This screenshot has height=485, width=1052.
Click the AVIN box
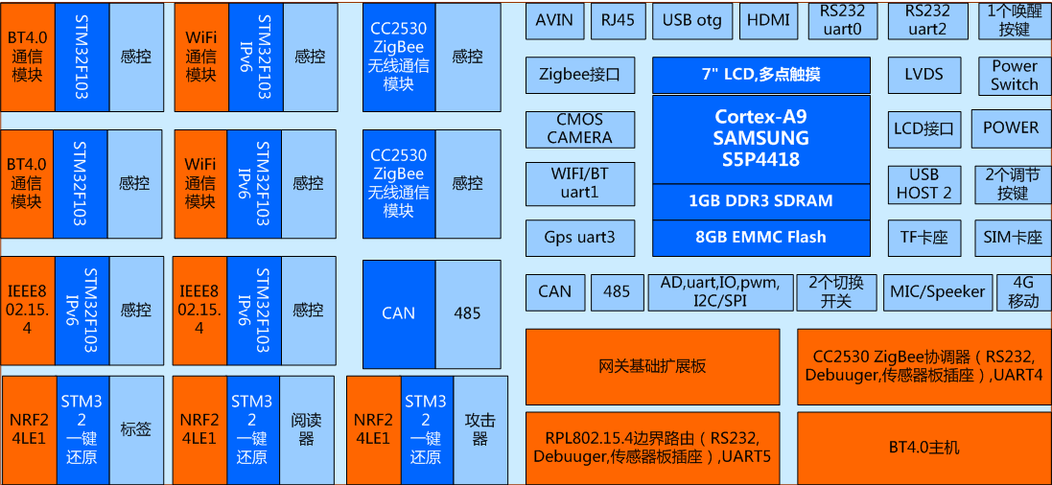coord(554,20)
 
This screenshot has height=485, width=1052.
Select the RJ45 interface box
coord(618,20)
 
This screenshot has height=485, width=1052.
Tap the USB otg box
coord(691,20)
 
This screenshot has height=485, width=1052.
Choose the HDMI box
coord(768,20)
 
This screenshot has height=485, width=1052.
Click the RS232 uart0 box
coord(842,20)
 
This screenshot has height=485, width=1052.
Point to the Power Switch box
coord(1014,75)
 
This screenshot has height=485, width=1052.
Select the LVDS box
coord(923,75)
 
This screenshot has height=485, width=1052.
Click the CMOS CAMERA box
coord(579,129)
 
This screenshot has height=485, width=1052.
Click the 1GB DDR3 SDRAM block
coord(761,201)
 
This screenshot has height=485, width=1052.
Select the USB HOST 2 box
coord(923,183)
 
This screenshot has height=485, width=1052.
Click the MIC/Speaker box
coord(937,291)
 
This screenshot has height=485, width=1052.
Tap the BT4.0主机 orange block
coord(923,447)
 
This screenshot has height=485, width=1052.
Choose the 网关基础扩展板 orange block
coord(652,366)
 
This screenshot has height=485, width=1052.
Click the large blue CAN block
coord(398,313)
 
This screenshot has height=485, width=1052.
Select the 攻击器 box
coord(479,429)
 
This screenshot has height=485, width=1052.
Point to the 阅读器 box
coord(306,429)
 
